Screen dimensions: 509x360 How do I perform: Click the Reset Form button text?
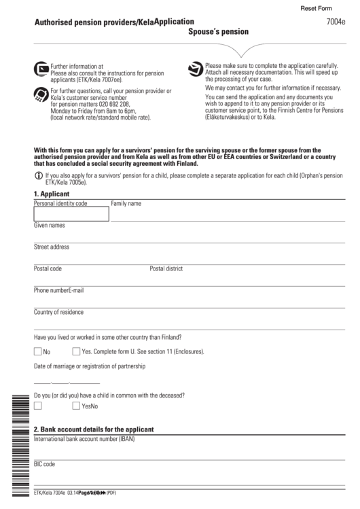(x=316, y=8)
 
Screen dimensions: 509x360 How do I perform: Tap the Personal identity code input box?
(x=71, y=214)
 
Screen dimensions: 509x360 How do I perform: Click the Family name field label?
(x=126, y=203)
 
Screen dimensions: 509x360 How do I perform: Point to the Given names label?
(x=50, y=225)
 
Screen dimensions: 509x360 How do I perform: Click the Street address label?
(x=52, y=247)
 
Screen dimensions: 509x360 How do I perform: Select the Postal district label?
(x=166, y=268)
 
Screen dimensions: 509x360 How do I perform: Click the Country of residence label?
(x=59, y=312)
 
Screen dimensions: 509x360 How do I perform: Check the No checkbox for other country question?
(x=38, y=351)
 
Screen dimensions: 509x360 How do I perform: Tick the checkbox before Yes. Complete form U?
(x=76, y=351)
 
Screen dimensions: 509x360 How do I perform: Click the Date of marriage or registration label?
(x=90, y=366)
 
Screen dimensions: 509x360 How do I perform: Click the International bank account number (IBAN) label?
(x=84, y=438)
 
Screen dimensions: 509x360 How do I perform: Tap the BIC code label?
(x=45, y=464)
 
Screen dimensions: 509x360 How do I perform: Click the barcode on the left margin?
(x=17, y=442)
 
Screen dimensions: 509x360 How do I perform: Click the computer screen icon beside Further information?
(x=41, y=68)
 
